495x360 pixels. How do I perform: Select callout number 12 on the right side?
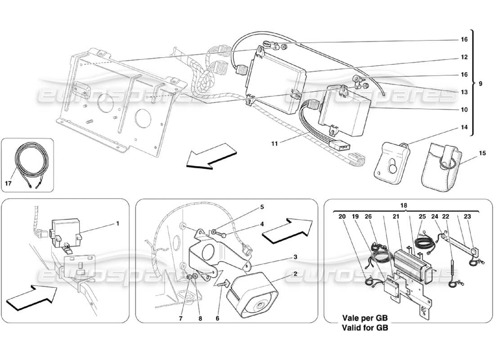tap(463, 57)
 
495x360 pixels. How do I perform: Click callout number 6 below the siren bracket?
tap(217, 318)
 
